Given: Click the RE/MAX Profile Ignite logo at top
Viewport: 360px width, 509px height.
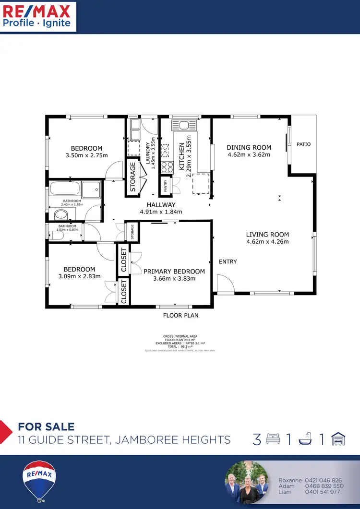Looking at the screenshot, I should (37, 16).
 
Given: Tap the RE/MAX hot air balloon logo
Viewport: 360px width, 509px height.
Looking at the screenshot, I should (39, 481).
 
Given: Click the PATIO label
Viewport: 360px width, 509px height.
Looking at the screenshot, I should (303, 144).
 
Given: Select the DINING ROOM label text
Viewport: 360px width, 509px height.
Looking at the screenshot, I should (249, 148).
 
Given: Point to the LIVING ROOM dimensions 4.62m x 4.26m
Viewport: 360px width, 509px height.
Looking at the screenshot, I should (267, 242).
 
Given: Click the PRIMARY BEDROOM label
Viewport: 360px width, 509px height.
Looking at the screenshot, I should (174, 272).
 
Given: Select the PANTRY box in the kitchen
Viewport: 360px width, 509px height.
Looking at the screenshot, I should (166, 185).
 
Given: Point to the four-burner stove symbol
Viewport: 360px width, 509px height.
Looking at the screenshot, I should (167, 167).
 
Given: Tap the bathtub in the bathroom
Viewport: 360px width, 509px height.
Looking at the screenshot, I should (65, 189).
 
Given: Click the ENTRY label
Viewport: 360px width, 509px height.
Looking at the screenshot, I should (228, 261).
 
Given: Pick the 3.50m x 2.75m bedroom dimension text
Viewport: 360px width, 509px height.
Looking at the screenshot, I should (86, 155).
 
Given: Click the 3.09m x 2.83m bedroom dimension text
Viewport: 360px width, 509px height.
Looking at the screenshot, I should (79, 276).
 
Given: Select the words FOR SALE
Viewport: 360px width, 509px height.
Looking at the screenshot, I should (46, 426).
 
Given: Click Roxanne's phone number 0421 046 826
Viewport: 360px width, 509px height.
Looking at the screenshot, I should (323, 480).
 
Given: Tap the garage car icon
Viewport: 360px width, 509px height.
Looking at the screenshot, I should (338, 439).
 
